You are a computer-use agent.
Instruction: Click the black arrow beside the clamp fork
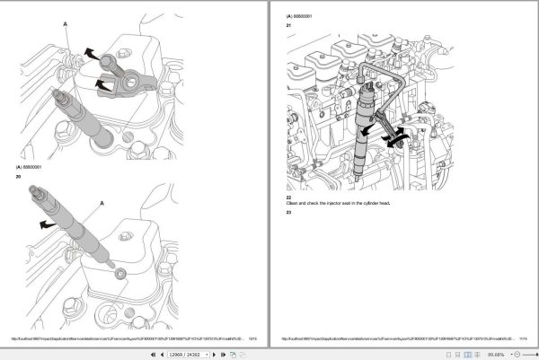[x=103, y=88]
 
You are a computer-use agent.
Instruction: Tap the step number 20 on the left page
[x=18, y=176]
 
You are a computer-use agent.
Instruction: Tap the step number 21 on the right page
[x=289, y=25]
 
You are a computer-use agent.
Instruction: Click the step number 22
[x=289, y=197]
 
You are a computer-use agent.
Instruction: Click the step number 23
[x=289, y=212]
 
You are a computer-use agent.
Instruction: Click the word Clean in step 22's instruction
[x=293, y=204]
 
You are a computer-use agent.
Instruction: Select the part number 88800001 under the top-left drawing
[x=34, y=167]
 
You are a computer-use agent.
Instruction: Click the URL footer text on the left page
[x=126, y=338]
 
